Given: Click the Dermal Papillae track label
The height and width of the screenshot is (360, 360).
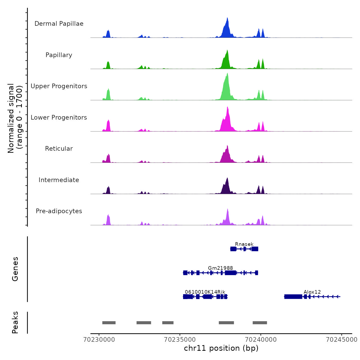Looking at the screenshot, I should tap(59, 24).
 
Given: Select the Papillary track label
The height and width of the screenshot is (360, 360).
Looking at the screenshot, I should tap(59, 55).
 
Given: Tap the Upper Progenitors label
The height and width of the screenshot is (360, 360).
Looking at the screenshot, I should tap(59, 86).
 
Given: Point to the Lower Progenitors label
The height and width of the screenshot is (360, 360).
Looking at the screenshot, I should tap(59, 118).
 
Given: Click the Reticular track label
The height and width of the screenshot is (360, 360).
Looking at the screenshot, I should tap(59, 149).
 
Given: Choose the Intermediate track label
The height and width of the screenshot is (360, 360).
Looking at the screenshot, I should tap(59, 180).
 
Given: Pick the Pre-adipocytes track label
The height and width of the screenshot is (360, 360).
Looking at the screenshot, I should tap(59, 211).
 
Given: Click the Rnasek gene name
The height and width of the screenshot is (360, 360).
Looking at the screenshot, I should tap(244, 244).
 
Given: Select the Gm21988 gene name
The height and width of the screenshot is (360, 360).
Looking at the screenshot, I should tap(220, 268).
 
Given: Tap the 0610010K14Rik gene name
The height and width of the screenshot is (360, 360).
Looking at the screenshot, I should tap(205, 292).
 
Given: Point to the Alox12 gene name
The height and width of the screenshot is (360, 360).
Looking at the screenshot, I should tap(312, 292).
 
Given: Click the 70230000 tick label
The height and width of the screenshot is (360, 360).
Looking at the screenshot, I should tap(99, 340).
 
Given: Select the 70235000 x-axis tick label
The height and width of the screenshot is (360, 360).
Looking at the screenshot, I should tap(180, 340).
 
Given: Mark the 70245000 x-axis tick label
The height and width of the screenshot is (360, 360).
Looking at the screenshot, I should tap(341, 340).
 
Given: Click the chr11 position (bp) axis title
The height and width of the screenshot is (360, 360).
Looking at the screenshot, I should tap(221, 348).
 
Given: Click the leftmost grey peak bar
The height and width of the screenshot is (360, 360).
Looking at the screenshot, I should tap(109, 323).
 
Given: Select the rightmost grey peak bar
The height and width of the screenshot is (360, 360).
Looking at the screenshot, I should tap(260, 323).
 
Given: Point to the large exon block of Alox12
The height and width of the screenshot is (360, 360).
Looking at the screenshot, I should tap(293, 297).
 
